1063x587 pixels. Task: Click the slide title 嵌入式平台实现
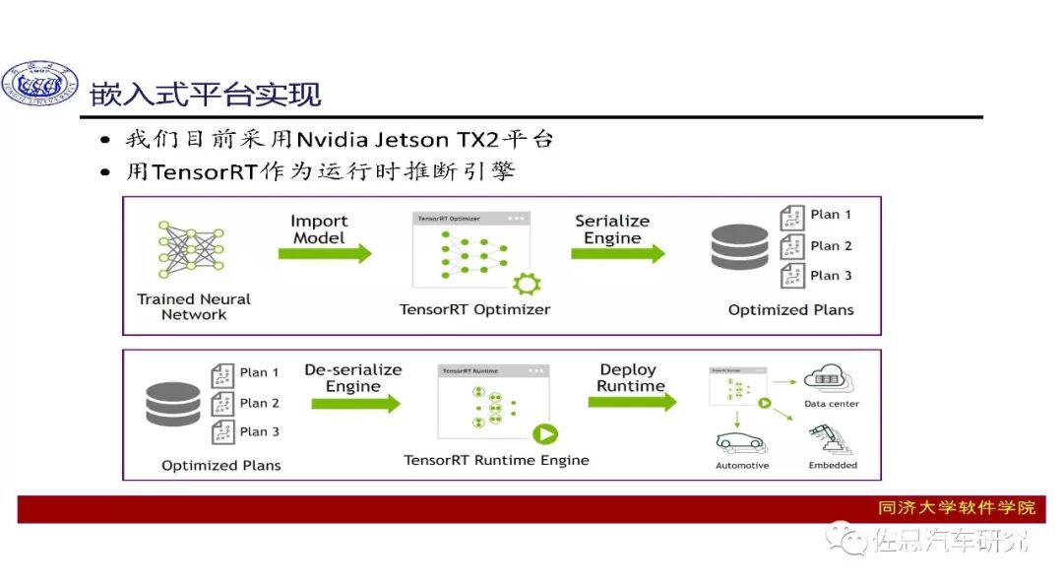click(x=206, y=95)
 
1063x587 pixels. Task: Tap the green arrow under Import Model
click(x=325, y=253)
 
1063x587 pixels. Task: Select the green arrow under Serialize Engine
click(x=617, y=253)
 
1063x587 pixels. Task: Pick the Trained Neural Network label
click(x=194, y=306)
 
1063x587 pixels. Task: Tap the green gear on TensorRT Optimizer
click(x=528, y=284)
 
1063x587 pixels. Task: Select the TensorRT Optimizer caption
click(x=474, y=309)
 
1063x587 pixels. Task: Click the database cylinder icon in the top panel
click(x=739, y=247)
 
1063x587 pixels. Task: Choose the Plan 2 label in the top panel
click(x=831, y=245)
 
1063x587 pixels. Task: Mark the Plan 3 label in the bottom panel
click(x=259, y=431)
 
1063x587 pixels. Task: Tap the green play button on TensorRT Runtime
click(x=544, y=432)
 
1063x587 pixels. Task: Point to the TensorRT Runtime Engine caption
click(x=496, y=460)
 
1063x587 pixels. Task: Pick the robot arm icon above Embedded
click(x=825, y=438)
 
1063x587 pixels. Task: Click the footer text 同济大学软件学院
click(x=956, y=508)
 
